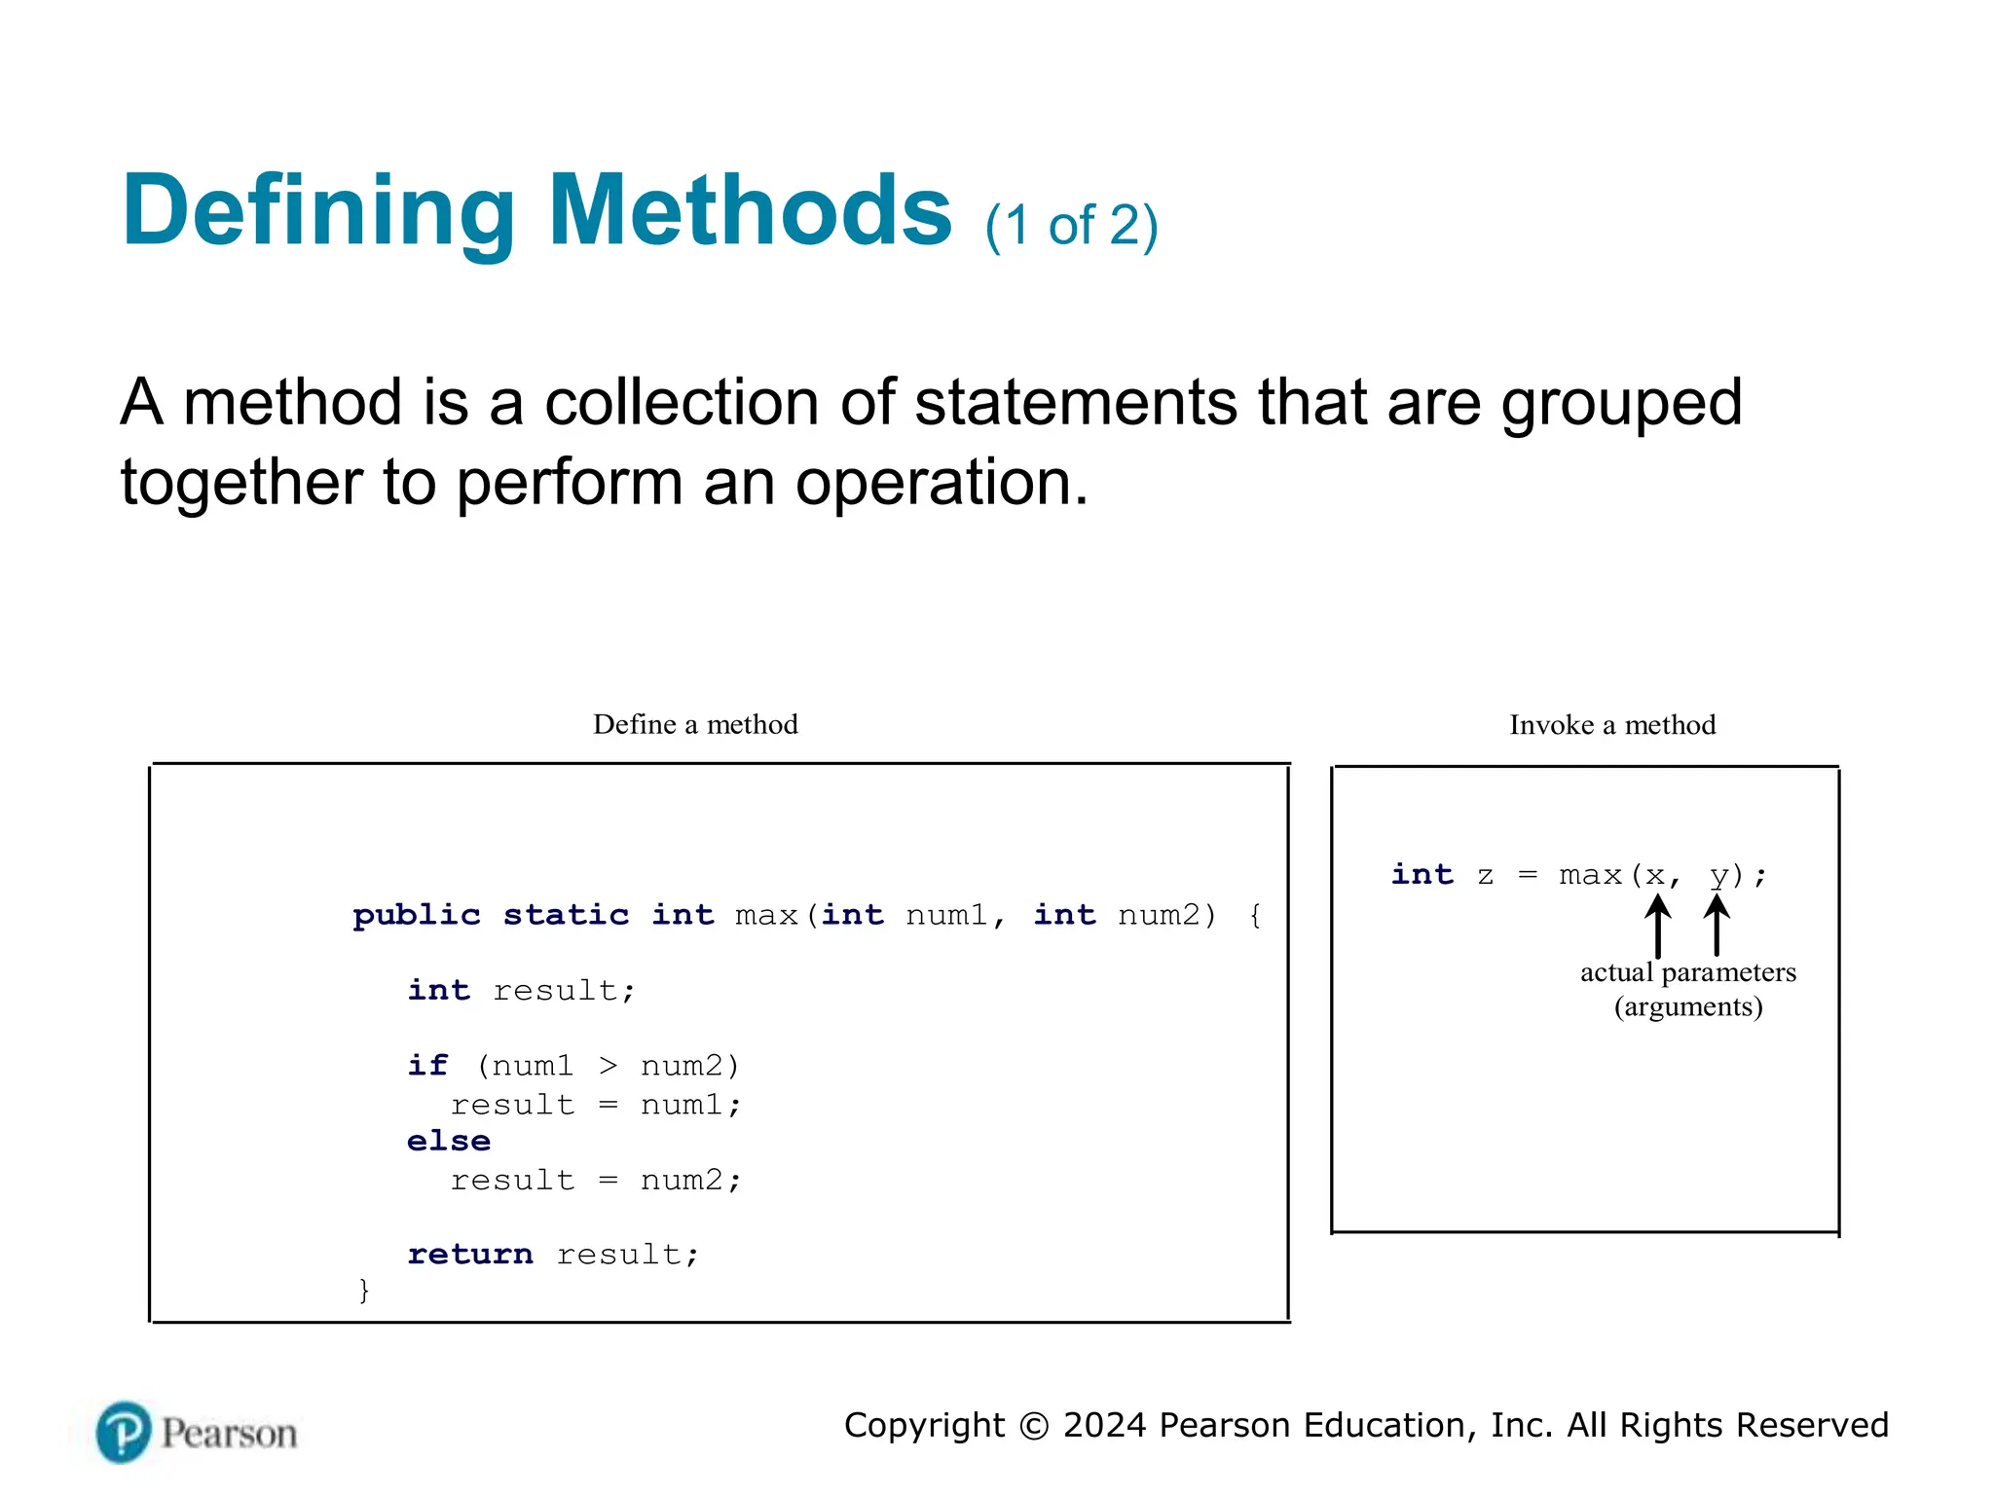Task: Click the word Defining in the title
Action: tap(318, 211)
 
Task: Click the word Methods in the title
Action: tap(750, 211)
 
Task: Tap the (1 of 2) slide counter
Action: tap(1071, 226)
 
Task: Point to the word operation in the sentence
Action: tap(941, 482)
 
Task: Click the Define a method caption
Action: tap(695, 724)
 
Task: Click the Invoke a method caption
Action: tap(1612, 725)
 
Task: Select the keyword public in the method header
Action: tap(417, 916)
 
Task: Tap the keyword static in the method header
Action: tap(566, 916)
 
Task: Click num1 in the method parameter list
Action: tap(945, 916)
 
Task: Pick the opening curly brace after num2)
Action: tap(1255, 916)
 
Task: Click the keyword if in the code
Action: tap(427, 1066)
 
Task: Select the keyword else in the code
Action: tap(449, 1141)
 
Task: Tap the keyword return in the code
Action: tap(470, 1255)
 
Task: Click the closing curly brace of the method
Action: tap(364, 1291)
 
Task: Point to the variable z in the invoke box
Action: tap(1485, 875)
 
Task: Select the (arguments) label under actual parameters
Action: tap(1688, 1006)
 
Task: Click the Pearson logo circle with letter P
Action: tap(124, 1432)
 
